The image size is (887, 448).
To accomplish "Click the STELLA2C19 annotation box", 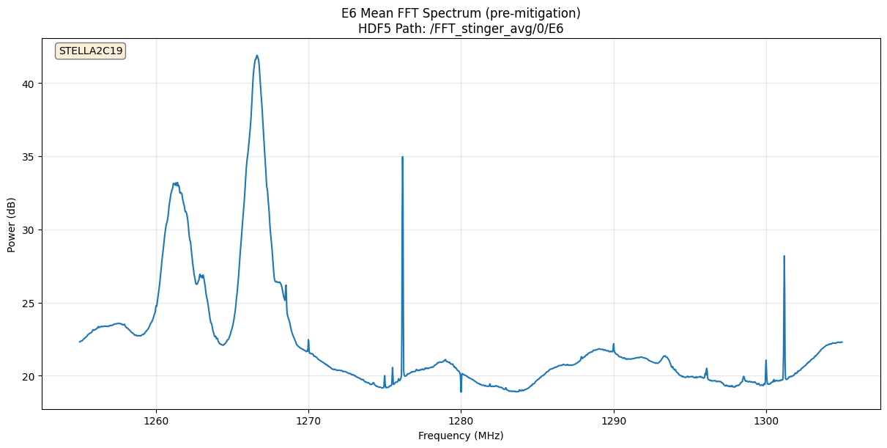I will (91, 51).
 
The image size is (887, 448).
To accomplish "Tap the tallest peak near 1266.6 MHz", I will (257, 56).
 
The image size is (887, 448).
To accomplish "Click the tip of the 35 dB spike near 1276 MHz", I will (402, 157).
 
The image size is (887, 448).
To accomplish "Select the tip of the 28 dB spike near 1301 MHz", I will (784, 256).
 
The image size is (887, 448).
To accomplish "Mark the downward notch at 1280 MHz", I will (461, 392).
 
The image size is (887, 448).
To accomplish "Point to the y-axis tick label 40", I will (29, 84).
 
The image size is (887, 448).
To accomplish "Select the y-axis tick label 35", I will (29, 157).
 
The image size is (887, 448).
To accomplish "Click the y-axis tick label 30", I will (29, 230).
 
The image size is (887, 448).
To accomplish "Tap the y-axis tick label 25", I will (29, 303).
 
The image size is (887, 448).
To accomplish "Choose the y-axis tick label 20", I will (29, 376).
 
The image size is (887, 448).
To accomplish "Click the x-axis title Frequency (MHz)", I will (461, 436).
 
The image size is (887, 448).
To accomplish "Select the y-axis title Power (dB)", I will (12, 224).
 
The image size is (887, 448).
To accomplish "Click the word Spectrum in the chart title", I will (448, 13).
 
